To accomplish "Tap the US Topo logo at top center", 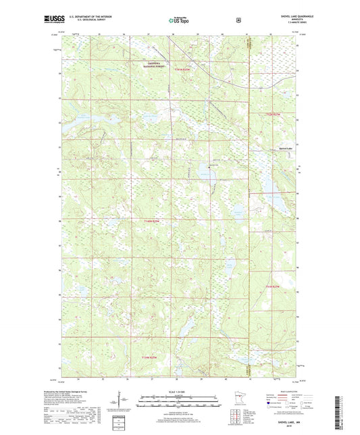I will click(179, 20).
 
